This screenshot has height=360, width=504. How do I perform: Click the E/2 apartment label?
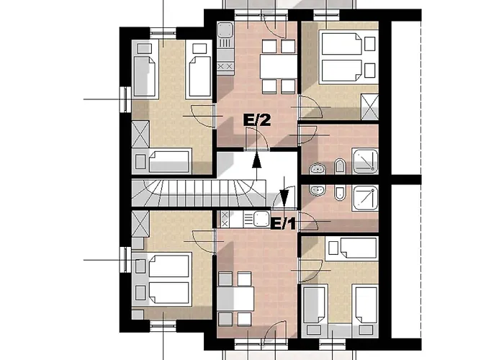tap(257, 120)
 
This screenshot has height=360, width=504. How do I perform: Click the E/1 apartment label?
tap(283, 224)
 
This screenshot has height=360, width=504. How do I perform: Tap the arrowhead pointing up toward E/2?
tap(256, 161)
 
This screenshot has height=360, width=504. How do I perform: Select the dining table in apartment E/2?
tap(279, 66)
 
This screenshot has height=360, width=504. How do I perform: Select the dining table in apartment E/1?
tap(235, 299)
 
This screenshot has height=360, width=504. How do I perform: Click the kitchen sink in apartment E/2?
tap(225, 30)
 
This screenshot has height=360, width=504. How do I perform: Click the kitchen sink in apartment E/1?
tap(261, 219)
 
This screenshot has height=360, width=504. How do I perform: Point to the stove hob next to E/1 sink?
tap(225, 219)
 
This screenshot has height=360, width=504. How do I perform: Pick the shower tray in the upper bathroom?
tap(365, 161)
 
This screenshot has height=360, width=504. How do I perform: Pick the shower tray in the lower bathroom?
tap(365, 198)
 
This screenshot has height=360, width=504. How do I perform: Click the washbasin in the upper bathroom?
tap(318, 168)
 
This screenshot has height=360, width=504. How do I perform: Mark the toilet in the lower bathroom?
tap(339, 192)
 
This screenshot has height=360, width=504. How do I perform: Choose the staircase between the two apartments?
tap(199, 193)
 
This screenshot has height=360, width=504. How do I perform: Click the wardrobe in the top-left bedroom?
tap(140, 135)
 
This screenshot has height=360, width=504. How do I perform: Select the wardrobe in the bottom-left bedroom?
tap(140, 224)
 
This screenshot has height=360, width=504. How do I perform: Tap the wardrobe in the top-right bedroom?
tap(369, 107)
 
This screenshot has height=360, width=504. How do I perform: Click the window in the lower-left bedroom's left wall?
tap(125, 260)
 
